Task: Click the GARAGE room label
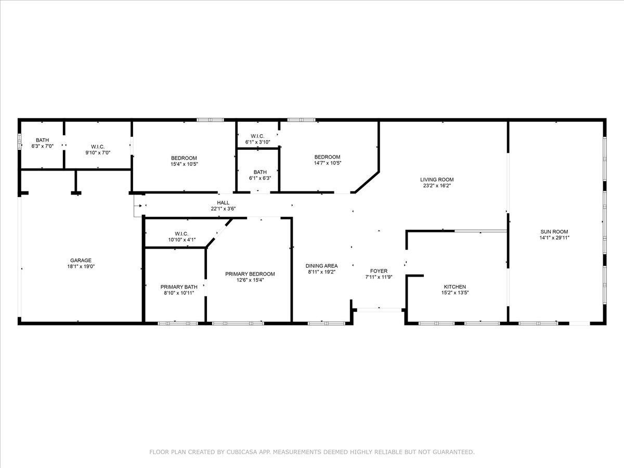81,260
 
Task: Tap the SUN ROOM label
554,231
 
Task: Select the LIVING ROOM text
437,179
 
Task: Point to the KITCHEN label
454,287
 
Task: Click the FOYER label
379,271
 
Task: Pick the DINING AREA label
321,266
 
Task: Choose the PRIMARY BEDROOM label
250,274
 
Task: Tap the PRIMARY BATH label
179,287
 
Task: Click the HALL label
223,203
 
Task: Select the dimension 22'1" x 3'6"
223,209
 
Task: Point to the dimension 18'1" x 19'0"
81,266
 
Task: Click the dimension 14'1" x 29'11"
554,238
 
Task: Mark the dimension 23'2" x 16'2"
437,186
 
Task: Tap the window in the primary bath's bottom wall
178,323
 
